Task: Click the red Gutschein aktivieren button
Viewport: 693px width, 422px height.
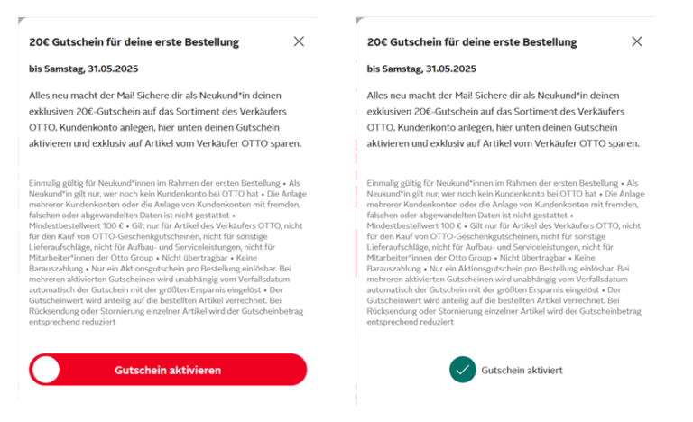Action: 168,370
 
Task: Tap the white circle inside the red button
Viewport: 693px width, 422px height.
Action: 45,370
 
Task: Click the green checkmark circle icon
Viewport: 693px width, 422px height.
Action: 463,370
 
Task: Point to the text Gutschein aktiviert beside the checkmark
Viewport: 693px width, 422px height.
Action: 522,370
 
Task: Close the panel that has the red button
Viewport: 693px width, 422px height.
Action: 300,41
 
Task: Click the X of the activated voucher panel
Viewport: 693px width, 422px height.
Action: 637,41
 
